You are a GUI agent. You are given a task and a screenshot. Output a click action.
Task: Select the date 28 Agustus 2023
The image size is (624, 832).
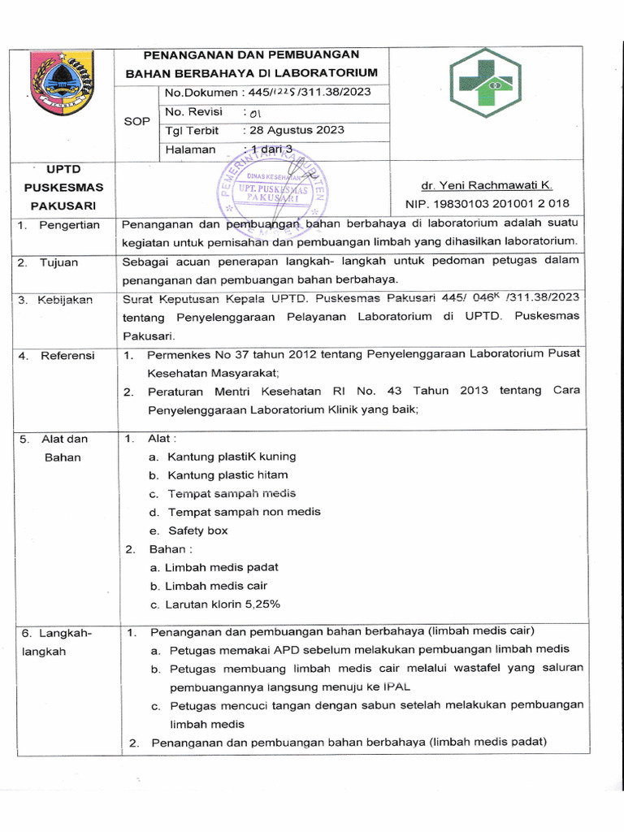(297, 130)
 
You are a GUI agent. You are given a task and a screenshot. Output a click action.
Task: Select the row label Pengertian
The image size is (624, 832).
(69, 225)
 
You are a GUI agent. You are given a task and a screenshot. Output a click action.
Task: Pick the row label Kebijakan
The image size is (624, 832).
(66, 300)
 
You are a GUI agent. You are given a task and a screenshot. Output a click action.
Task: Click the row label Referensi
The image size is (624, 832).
(67, 355)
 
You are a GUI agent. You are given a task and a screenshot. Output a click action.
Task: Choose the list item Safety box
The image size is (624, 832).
(198, 531)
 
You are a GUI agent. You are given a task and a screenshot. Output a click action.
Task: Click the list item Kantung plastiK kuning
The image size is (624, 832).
(232, 457)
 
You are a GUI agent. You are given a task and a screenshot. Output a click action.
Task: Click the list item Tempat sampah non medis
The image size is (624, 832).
(244, 512)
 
